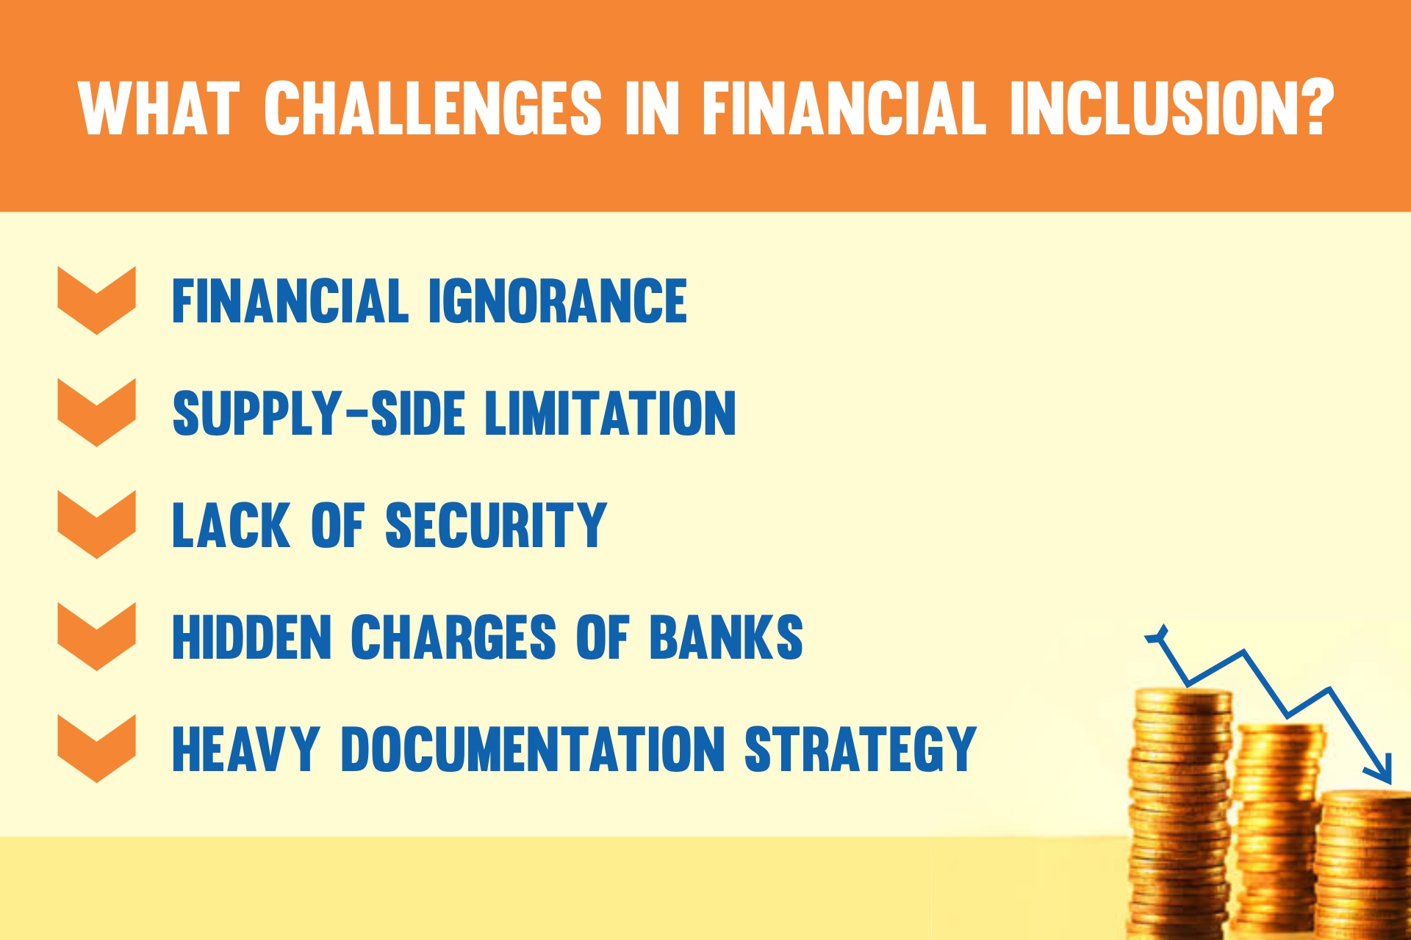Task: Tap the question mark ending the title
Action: click(x=1313, y=107)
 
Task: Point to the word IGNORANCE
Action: click(x=558, y=300)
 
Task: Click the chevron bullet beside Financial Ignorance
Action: click(x=96, y=300)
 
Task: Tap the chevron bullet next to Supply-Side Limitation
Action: click(x=96, y=413)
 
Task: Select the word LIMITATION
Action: click(x=610, y=413)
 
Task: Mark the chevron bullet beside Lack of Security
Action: click(x=96, y=524)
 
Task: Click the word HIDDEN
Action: click(x=252, y=637)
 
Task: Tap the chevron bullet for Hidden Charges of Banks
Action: click(x=96, y=637)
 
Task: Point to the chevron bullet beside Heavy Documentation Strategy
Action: click(x=96, y=748)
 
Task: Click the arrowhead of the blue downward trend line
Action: click(x=1379, y=770)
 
